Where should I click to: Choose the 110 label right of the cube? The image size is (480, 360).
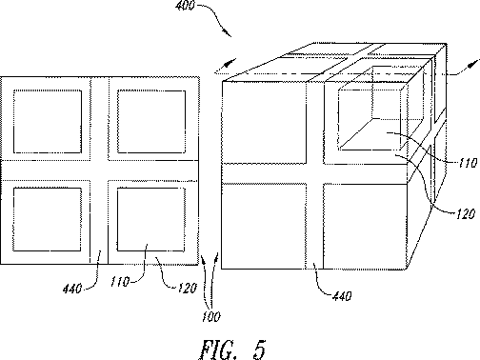[x=467, y=163]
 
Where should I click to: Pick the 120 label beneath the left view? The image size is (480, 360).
[x=172, y=284]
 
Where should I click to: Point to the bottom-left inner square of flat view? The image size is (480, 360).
[x=48, y=218]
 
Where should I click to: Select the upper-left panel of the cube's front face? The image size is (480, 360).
[x=264, y=126]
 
